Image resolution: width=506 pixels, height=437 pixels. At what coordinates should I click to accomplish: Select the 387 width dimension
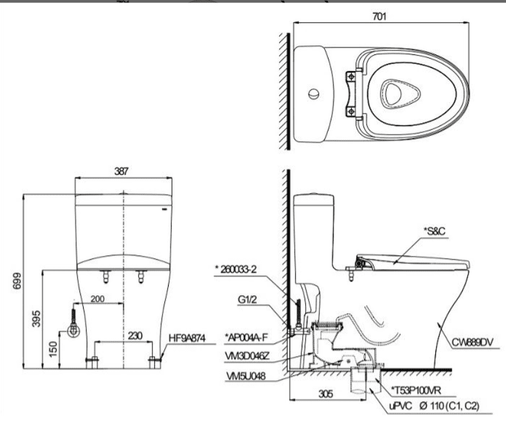coord(122,171)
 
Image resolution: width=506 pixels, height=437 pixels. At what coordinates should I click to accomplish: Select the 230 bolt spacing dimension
coord(135,335)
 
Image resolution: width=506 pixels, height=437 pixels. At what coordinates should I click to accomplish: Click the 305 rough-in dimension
coord(323,393)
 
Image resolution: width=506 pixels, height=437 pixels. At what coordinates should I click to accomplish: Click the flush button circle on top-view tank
coord(312,95)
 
